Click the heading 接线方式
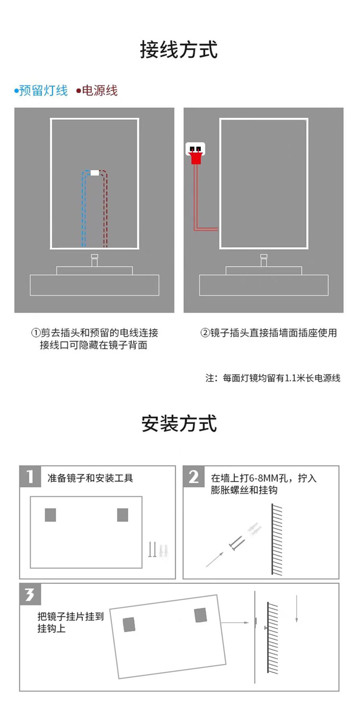(x=179, y=50)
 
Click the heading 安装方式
(x=179, y=424)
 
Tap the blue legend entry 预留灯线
(x=42, y=90)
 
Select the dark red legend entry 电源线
(x=98, y=90)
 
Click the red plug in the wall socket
(x=195, y=156)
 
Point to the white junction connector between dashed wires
(x=95, y=173)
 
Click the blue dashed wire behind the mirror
(x=84, y=211)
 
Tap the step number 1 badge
(x=30, y=476)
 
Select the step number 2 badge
(x=193, y=476)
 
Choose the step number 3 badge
(x=30, y=595)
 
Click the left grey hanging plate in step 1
(x=50, y=515)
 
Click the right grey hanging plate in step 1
(x=123, y=515)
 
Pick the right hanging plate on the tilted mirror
(x=201, y=615)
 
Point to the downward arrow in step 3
(x=298, y=609)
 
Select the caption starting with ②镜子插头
(x=269, y=332)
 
